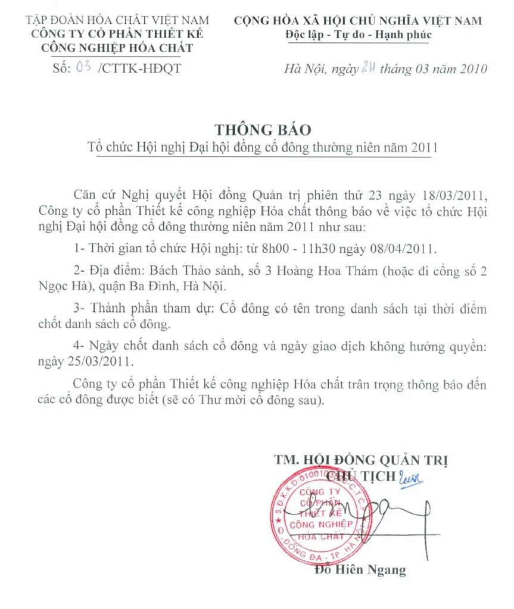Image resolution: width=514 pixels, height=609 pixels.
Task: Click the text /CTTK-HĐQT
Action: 138,68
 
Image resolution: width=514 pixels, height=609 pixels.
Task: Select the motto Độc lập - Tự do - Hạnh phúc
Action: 357,34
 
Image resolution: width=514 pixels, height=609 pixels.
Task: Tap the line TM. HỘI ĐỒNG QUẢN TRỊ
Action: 361,460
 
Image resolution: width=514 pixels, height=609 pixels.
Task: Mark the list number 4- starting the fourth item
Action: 77,346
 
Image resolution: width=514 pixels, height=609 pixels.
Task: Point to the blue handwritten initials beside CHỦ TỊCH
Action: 411,476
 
